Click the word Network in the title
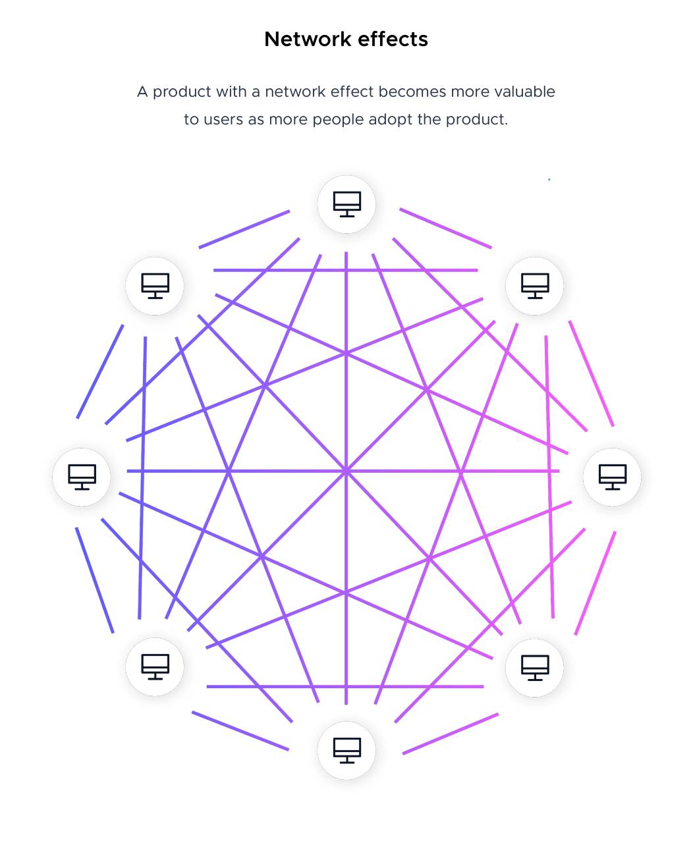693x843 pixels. [x=308, y=39]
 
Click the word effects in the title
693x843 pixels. [x=393, y=39]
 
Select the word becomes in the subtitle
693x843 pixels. [x=412, y=92]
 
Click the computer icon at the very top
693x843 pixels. [x=346, y=204]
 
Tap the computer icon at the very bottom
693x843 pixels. [x=346, y=750]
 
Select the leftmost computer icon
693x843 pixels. [x=82, y=477]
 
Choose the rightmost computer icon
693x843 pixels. [x=612, y=477]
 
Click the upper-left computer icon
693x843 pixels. [x=155, y=286]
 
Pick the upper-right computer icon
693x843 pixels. [x=535, y=286]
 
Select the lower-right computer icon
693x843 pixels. [x=535, y=668]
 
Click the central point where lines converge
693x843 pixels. [x=346, y=472]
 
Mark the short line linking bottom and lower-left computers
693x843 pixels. [x=240, y=730]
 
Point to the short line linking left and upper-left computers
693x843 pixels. [x=100, y=371]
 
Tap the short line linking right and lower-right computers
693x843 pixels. [x=595, y=583]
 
